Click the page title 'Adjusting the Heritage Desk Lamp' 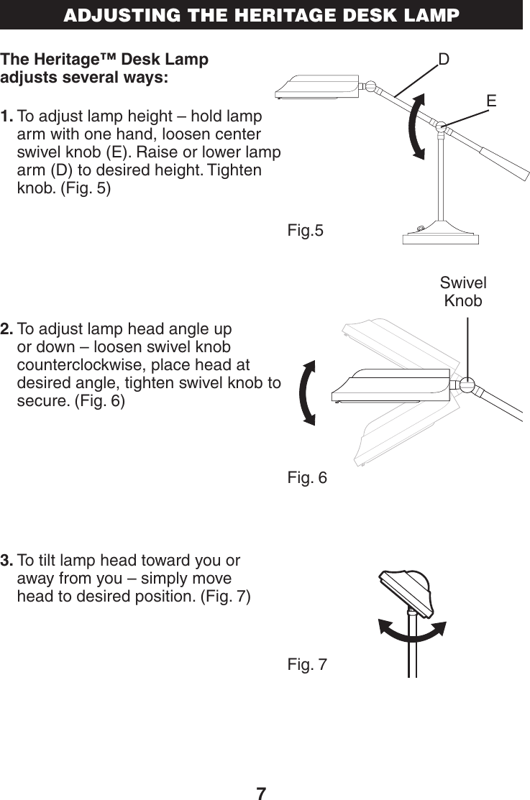(x=261, y=15)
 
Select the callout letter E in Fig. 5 (x=491, y=101)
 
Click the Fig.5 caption (x=306, y=231)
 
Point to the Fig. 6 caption (x=307, y=477)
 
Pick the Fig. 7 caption (x=307, y=665)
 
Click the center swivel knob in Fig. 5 (x=442, y=127)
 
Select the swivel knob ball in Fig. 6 (x=467, y=385)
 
